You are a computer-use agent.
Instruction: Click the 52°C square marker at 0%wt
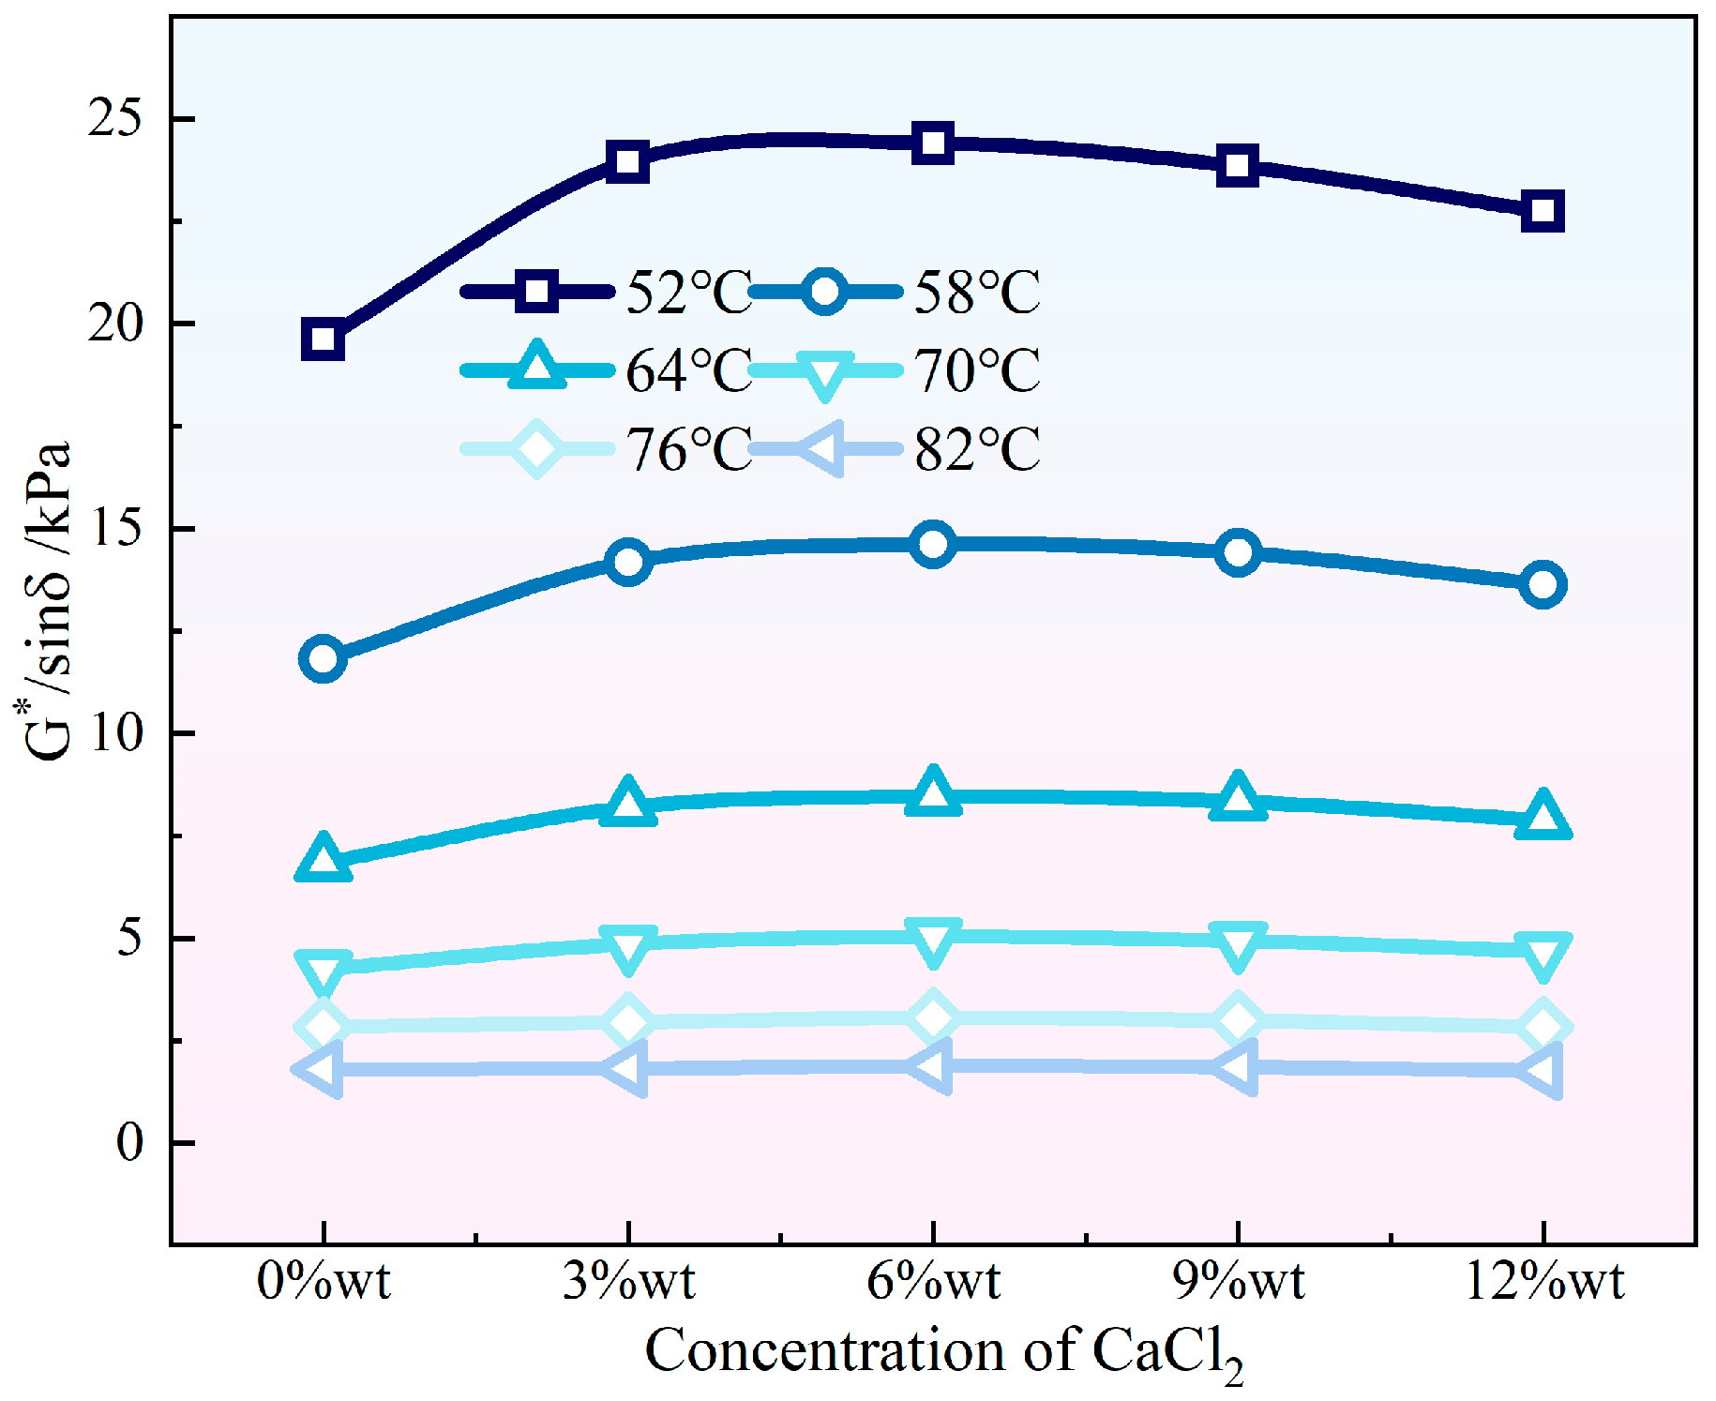(x=323, y=339)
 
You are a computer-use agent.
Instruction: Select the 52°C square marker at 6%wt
(x=933, y=143)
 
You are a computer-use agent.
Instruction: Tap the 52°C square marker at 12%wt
(x=1543, y=210)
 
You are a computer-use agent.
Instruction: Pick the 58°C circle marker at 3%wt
(x=628, y=562)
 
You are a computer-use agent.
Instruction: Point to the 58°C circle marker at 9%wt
(x=1238, y=552)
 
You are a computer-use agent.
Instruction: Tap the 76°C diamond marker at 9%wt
(x=1238, y=1020)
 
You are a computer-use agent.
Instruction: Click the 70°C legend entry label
(x=977, y=370)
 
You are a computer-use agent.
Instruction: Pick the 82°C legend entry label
(x=977, y=449)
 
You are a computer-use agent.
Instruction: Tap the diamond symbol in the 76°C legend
(x=536, y=449)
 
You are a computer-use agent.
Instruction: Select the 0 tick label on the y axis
(x=129, y=1143)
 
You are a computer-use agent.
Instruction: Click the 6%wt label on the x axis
(x=933, y=1281)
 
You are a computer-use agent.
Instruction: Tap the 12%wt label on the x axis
(x=1543, y=1281)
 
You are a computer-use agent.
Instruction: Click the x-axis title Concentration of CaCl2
(x=942, y=1353)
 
